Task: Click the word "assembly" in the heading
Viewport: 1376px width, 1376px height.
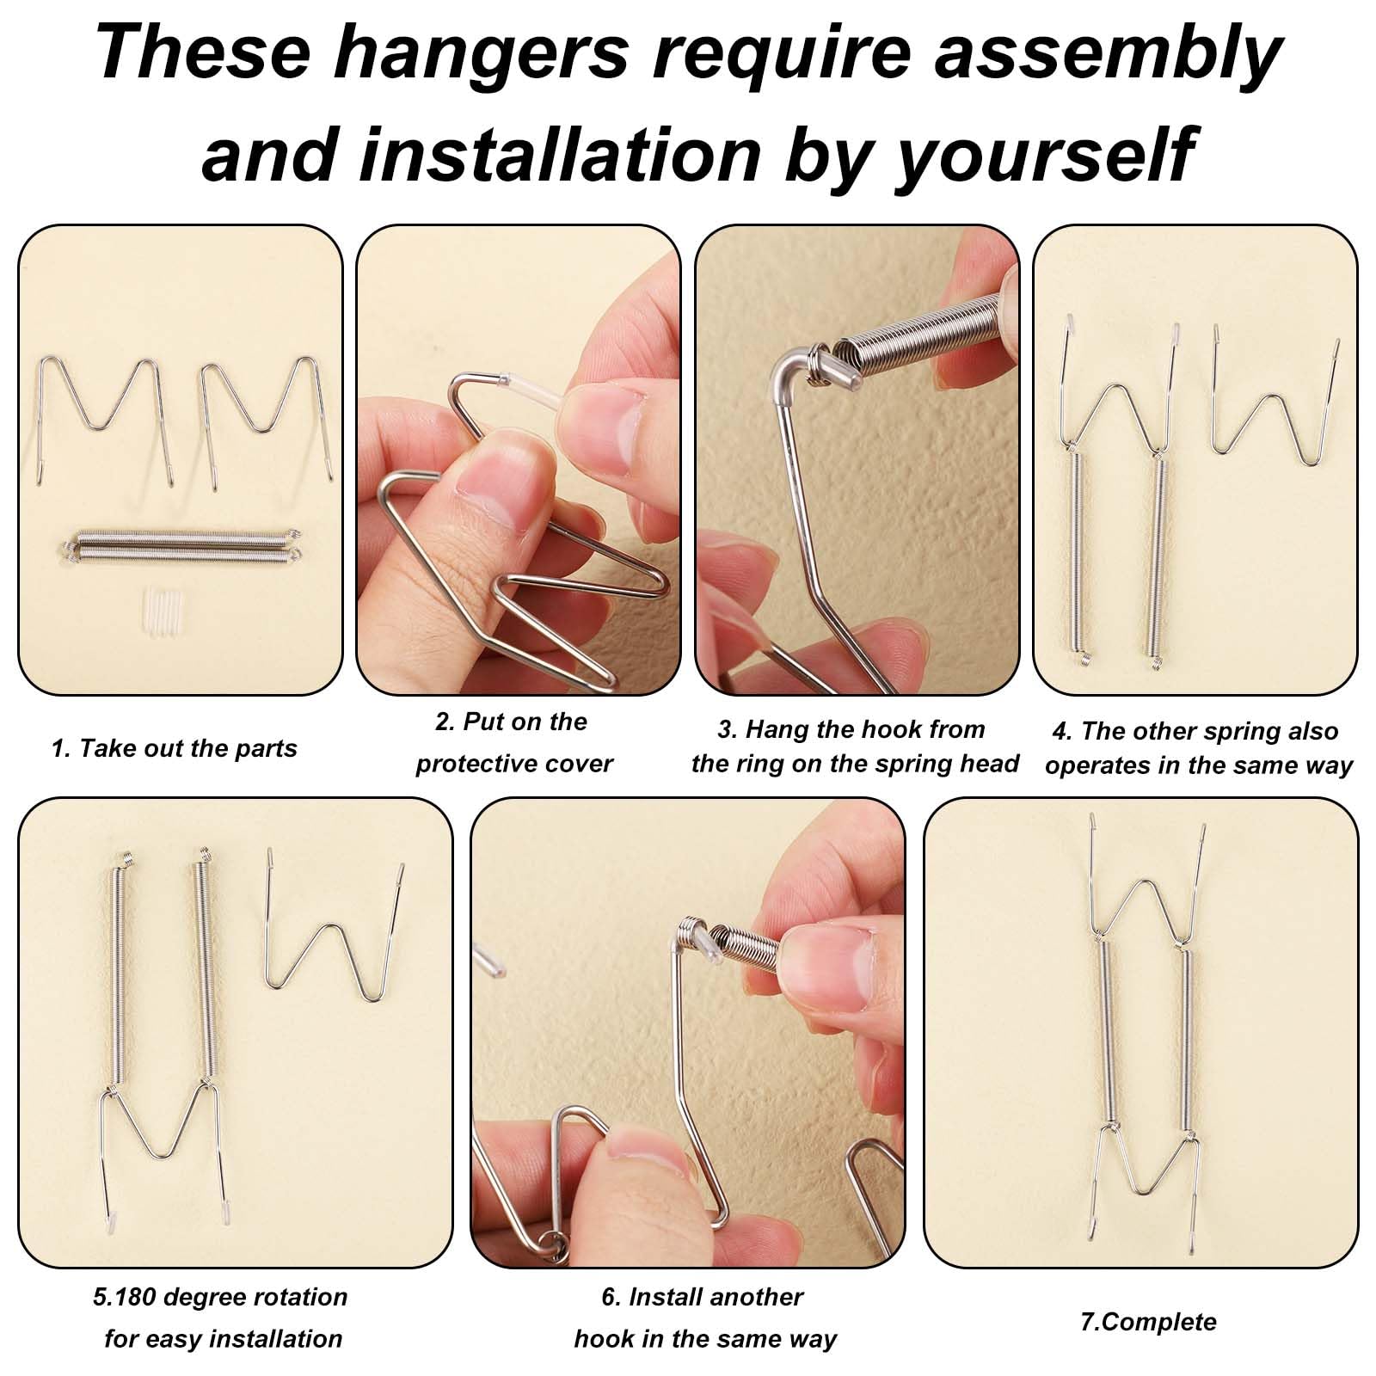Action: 1109,53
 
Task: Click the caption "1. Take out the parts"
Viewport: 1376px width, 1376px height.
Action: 174,748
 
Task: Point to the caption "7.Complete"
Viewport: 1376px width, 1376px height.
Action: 1148,1322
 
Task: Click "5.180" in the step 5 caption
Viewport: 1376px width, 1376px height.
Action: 125,1297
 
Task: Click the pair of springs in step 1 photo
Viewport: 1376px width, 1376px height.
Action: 181,547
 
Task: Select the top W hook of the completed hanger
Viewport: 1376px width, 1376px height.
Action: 1149,886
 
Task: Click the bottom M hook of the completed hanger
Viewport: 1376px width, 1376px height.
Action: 1148,1170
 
